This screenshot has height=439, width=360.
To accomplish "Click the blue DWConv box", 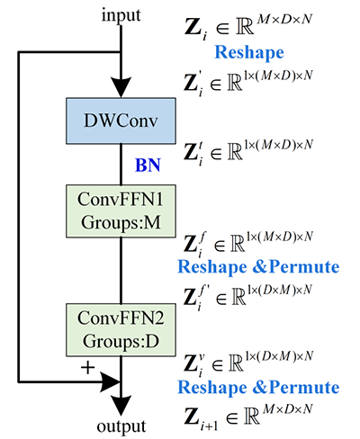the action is click(121, 121).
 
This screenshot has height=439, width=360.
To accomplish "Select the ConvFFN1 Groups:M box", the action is click(121, 211).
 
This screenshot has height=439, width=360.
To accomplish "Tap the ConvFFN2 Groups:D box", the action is click(121, 330).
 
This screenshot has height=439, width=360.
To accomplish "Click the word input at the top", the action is click(121, 15).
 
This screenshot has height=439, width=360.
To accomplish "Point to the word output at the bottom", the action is click(121, 426).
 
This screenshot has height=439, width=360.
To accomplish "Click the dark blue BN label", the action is click(148, 165).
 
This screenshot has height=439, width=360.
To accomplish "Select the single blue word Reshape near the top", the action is click(249, 53).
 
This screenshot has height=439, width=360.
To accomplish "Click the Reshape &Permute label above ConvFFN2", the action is click(258, 267).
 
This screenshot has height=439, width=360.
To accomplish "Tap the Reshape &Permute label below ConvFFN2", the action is click(258, 388).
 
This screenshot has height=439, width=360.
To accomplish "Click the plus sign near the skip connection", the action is click(88, 368).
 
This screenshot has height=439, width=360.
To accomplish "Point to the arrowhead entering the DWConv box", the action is click(121, 87).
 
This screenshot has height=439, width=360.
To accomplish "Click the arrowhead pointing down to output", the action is click(121, 406).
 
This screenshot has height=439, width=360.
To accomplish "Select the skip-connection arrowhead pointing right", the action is click(110, 382).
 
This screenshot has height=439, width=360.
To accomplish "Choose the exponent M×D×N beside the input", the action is click(284, 20).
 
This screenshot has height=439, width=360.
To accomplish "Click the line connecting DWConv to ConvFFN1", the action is click(121, 165).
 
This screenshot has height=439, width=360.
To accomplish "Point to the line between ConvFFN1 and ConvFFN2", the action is click(121, 271).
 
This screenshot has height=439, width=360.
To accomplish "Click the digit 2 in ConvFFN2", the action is click(159, 318).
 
